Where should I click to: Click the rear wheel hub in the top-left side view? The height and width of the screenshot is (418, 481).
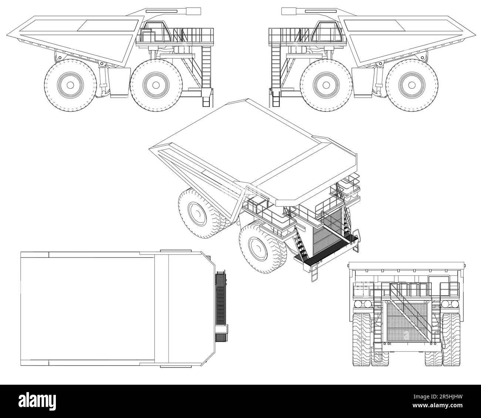pos(70,85)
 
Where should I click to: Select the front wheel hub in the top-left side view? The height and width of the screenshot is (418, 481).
pos(157,85)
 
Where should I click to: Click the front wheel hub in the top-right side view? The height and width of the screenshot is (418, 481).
pos(326,85)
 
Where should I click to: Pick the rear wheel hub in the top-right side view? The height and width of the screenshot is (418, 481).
pos(412,85)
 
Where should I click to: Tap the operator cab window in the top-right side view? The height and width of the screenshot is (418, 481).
pos(327,32)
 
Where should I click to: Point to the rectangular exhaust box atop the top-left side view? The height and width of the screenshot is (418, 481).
pos(194,11)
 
